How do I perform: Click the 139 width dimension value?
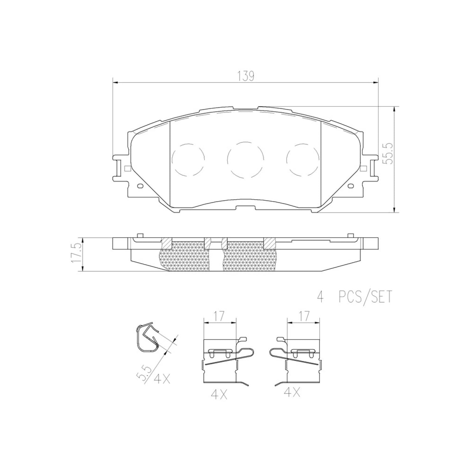click(246, 76)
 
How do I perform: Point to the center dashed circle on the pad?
click(246, 159)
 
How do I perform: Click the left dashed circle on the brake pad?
click(188, 159)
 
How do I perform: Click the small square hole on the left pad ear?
click(127, 168)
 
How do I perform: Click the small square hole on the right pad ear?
click(364, 168)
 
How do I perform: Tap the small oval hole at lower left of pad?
click(140, 186)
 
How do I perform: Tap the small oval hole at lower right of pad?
click(351, 186)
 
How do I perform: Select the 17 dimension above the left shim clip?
click(219, 316)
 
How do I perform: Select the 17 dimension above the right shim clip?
click(303, 316)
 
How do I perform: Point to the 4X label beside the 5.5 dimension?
click(162, 379)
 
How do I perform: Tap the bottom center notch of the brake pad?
click(246, 208)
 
